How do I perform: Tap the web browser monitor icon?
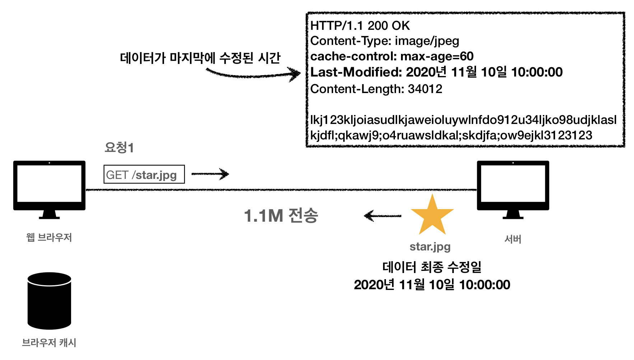coord(49,187)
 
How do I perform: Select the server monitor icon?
coord(513,187)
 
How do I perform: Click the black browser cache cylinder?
coord(49,301)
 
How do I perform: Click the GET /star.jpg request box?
coord(144,175)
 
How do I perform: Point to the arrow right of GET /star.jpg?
coord(210,174)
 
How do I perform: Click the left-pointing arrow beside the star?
coord(382,216)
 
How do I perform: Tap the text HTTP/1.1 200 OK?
coord(360,26)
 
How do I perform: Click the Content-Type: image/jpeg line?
coord(384,41)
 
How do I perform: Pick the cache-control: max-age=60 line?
coord(392,56)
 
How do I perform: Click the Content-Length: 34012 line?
coord(376,89)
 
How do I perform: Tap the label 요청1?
coord(119,147)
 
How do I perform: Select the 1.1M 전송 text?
coord(281,216)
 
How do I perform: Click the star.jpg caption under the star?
coord(430,246)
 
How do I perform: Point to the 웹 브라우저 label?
coord(49,237)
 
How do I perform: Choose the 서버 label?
coord(513,239)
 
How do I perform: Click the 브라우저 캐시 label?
coord(49,342)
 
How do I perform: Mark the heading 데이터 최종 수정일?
coord(432,267)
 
